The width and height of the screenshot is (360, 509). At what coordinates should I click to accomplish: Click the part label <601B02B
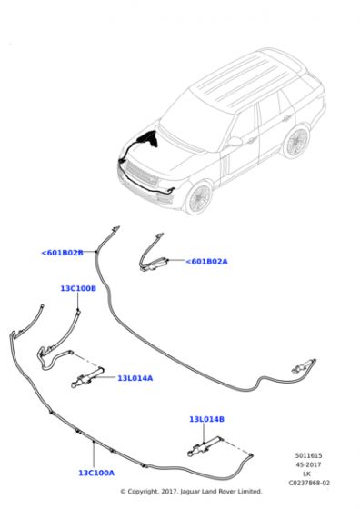click(62, 253)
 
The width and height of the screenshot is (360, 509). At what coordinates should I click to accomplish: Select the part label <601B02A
click(206, 262)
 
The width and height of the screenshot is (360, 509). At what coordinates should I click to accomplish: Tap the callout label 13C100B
click(78, 288)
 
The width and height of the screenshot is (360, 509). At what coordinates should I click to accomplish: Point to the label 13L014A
click(135, 378)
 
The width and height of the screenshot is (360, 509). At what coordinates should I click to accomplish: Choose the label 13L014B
click(206, 419)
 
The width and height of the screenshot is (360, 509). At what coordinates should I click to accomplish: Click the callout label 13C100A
click(96, 473)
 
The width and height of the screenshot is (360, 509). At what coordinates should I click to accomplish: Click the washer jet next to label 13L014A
click(87, 377)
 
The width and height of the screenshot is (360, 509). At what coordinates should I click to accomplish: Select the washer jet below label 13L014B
click(205, 446)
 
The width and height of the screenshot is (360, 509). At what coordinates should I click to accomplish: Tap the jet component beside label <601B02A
click(155, 264)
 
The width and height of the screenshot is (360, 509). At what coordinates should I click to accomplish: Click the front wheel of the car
click(199, 198)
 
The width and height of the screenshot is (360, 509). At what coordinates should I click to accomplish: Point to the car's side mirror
click(235, 142)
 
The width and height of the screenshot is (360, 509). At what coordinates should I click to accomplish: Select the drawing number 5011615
click(308, 455)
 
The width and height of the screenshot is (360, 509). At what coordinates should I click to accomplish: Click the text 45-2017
click(308, 464)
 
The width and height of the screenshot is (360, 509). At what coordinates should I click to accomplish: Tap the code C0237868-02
click(309, 483)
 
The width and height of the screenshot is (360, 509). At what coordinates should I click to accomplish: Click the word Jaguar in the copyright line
click(189, 492)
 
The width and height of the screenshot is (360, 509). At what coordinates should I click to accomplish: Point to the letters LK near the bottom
click(306, 474)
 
